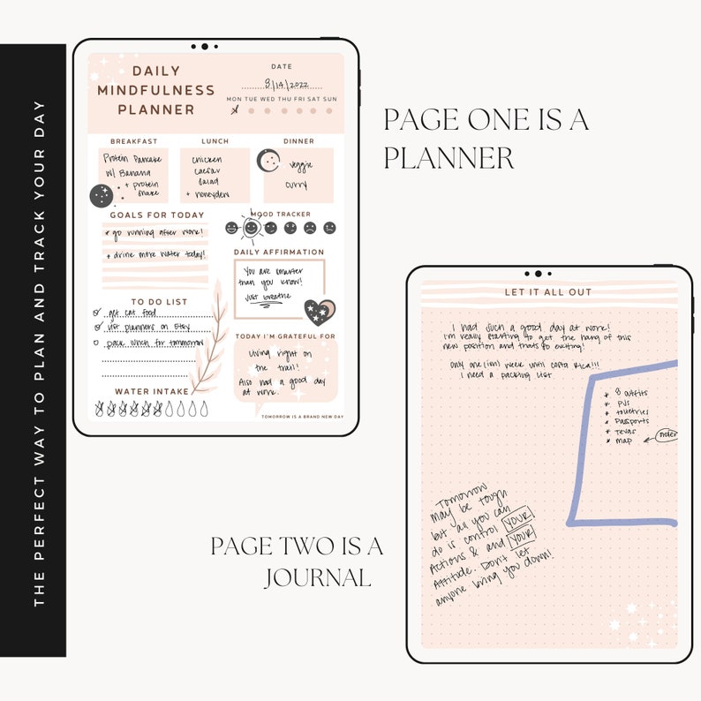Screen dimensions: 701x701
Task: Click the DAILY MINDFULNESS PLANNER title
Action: click(x=156, y=90)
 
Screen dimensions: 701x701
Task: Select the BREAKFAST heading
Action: click(x=133, y=141)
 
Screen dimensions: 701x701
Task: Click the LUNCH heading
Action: click(x=215, y=141)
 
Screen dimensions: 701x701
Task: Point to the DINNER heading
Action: click(x=298, y=141)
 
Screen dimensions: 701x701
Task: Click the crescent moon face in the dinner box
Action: click(x=268, y=162)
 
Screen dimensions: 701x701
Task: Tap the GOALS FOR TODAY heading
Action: click(x=156, y=215)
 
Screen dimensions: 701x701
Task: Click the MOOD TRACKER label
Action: click(x=282, y=215)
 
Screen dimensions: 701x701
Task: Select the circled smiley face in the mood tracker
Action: click(x=252, y=228)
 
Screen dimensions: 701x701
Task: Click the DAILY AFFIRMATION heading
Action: click(x=280, y=253)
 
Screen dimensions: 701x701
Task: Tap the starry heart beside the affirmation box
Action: click(x=319, y=310)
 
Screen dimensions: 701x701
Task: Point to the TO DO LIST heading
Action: click(x=159, y=302)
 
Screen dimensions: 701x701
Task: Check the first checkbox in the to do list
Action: click(x=96, y=313)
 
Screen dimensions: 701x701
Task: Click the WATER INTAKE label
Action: click(x=152, y=391)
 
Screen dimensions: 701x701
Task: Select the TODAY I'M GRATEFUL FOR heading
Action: click(x=285, y=336)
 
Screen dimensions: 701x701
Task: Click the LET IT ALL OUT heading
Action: click(x=548, y=292)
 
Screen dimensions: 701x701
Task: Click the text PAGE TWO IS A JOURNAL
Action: click(x=297, y=562)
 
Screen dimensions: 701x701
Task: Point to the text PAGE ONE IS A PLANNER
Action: click(x=486, y=139)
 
